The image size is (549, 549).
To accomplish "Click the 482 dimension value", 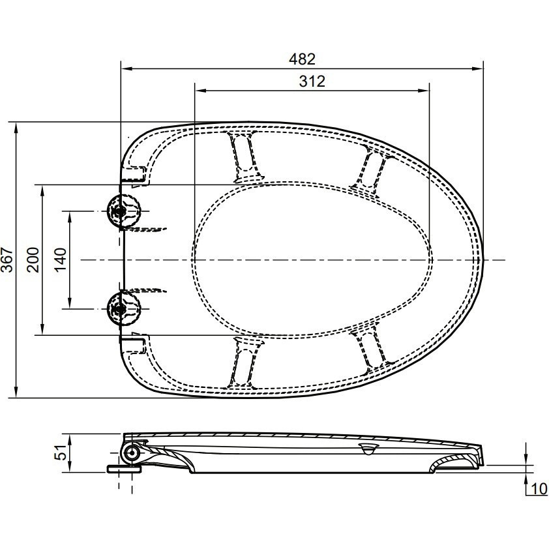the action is point(302,59).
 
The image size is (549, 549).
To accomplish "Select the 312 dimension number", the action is point(312,82).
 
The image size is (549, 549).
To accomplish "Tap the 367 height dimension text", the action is point(8,260).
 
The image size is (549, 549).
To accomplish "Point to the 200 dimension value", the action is point(34,260).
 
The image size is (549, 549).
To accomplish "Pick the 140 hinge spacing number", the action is point(61,260).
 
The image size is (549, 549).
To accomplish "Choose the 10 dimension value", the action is point(539,489).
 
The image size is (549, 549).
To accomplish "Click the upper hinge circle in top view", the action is point(124,211).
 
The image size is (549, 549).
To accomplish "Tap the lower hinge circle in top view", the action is point(124,309).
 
